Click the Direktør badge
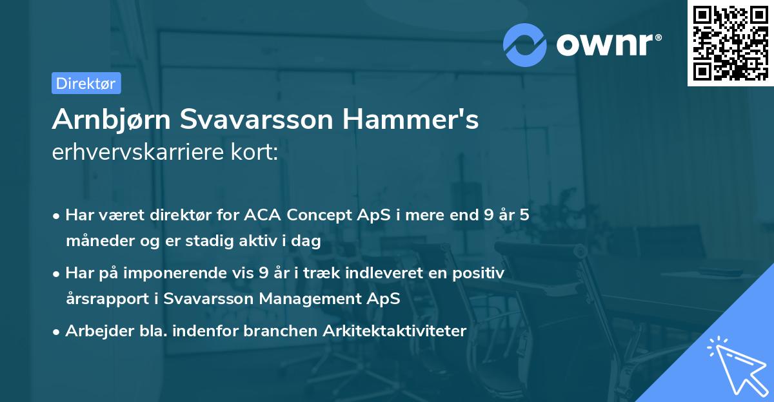[x=86, y=83]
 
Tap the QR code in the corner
[x=730, y=43]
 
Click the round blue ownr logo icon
[x=525, y=44]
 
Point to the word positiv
[x=480, y=273]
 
